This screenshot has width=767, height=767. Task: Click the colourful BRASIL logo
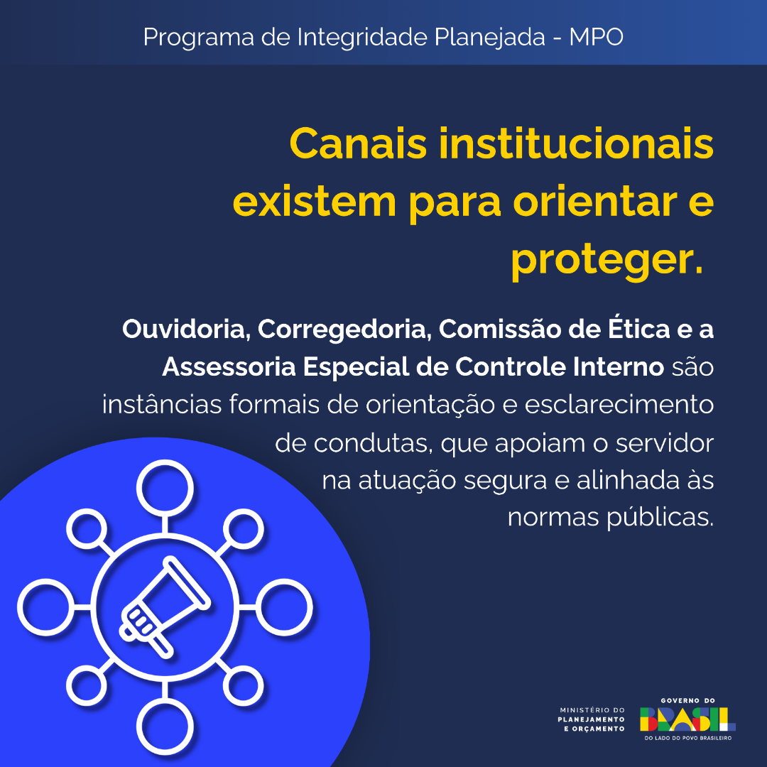[687, 719]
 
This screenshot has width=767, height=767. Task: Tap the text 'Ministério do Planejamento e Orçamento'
[592, 719]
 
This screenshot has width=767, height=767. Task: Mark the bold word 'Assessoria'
[229, 367]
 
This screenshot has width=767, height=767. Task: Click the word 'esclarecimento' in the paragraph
[619, 405]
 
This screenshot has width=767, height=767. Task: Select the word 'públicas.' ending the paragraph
[660, 518]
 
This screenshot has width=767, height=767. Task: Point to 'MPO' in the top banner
[596, 37]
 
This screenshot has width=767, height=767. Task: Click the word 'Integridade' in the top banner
[362, 37]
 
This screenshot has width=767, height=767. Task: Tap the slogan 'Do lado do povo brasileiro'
[687, 738]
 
